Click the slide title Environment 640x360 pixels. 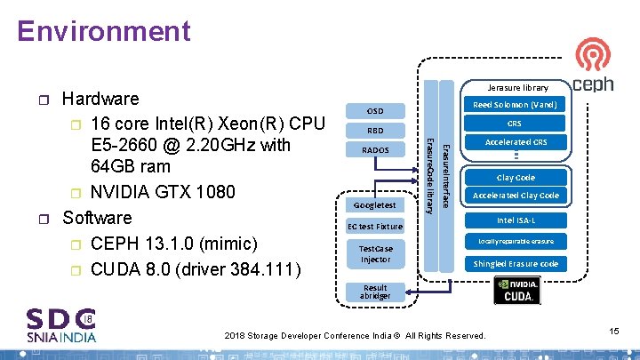tap(103, 31)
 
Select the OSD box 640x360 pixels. tap(376, 111)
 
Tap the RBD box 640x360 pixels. tap(376, 131)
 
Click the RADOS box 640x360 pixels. tap(376, 150)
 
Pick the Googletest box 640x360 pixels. tap(374, 205)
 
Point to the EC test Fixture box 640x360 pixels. tap(374, 227)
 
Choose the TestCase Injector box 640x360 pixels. tap(374, 253)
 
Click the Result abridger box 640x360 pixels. tap(374, 292)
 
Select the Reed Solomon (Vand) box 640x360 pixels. tap(515, 105)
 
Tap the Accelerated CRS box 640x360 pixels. tap(515, 142)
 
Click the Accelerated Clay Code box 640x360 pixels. tap(515, 196)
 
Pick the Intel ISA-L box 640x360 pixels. tap(515, 220)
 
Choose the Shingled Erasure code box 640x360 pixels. tap(515, 263)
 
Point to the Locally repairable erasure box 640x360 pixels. tap(515, 241)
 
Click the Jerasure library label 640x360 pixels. tap(518, 87)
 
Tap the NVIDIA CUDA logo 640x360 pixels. tap(516, 290)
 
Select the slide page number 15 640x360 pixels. tap(613, 331)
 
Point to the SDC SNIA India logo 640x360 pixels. tap(61, 324)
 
